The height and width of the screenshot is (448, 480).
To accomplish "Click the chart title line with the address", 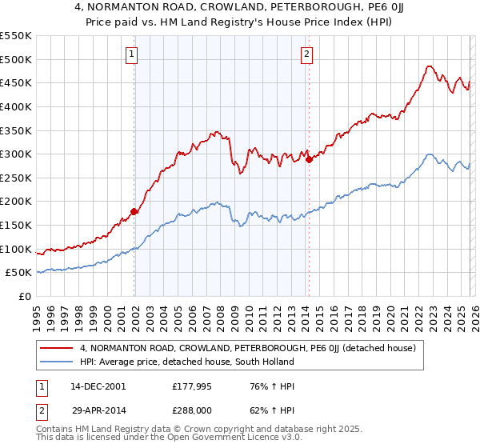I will click(x=240, y=7).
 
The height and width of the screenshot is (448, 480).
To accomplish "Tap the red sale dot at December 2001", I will click(x=134, y=212).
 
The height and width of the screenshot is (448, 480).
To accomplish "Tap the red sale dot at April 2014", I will click(x=309, y=160).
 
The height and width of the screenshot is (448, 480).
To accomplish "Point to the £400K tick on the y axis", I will click(x=18, y=106).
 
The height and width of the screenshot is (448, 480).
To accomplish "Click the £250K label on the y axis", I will click(x=18, y=178).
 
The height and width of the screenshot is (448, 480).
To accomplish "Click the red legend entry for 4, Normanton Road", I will click(x=247, y=349).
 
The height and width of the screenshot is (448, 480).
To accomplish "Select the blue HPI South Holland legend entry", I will click(x=187, y=362).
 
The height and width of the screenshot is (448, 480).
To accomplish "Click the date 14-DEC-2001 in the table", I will click(x=98, y=386).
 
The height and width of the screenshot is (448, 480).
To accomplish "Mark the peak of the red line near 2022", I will click(x=430, y=66).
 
